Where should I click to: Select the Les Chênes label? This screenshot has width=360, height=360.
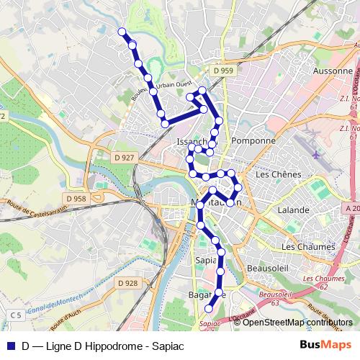(276, 174)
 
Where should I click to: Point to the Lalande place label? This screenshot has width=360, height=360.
(294, 210)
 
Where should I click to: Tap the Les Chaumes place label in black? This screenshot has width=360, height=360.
(309, 246)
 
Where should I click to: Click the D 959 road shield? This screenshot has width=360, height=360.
(223, 71)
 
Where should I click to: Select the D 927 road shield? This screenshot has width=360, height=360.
(125, 157)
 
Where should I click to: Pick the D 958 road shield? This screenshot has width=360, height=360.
(75, 198)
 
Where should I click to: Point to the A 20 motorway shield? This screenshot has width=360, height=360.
(351, 207)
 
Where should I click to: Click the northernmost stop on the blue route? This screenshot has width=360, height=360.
(122, 32)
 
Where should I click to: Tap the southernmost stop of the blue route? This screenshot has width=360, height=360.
(210, 308)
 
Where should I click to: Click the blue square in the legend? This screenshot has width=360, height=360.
(11, 346)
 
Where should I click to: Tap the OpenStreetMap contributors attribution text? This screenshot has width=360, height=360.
(292, 322)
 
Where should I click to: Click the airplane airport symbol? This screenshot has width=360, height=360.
(317, 153)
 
